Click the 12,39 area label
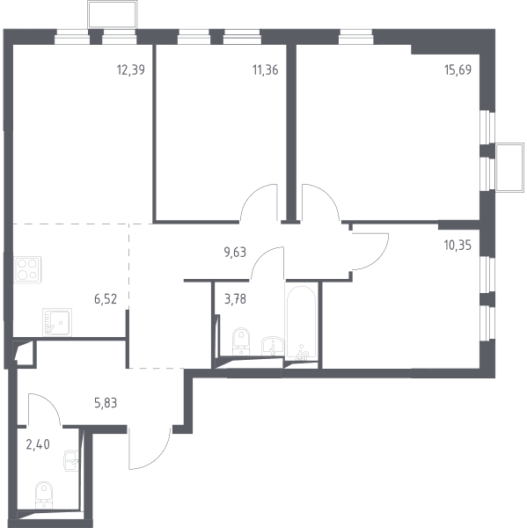tap(131, 70)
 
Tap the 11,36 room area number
tap(266, 70)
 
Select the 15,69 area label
tap(458, 70)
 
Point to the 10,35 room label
tap(457, 246)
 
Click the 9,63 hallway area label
tap(235, 253)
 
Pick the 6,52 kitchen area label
tap(106, 299)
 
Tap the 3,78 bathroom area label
tap(235, 299)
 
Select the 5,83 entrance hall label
tap(106, 403)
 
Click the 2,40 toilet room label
tap(38, 444)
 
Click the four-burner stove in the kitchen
tap(27, 269)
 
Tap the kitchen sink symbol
tap(57, 322)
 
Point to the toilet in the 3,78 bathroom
tap(241, 341)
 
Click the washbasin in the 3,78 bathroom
tap(273, 346)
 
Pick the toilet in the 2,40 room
tap(44, 494)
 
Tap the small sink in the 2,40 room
tap(71, 460)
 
